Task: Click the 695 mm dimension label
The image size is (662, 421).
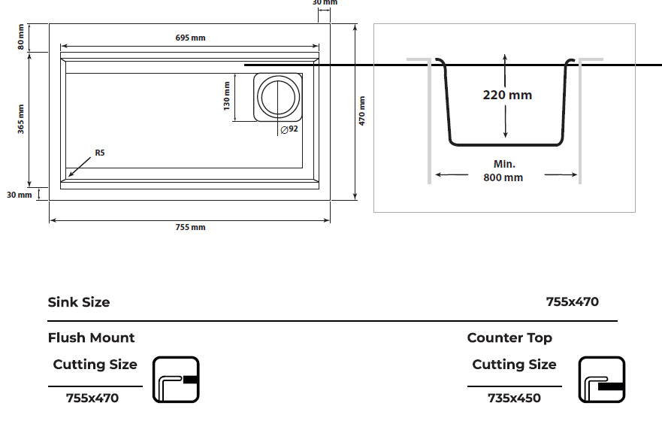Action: click(190, 38)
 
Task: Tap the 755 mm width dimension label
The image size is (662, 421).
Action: click(190, 227)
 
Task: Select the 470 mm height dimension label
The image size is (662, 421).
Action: click(362, 111)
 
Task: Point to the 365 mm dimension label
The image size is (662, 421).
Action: click(21, 119)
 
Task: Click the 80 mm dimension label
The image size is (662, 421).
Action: click(21, 37)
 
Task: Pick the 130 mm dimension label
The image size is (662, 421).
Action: click(227, 96)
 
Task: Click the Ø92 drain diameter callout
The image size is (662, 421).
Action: click(289, 129)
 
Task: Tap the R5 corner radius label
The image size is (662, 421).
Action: click(100, 153)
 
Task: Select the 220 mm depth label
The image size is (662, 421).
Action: click(507, 95)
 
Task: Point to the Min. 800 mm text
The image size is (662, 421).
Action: click(503, 171)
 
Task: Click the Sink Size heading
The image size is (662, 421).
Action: click(79, 302)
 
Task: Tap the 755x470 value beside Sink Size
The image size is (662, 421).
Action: click(573, 302)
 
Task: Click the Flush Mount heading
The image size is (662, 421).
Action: click(91, 338)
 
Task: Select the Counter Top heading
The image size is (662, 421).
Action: click(509, 338)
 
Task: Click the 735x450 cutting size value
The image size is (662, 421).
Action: click(514, 398)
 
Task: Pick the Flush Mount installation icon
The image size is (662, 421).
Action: click(176, 380)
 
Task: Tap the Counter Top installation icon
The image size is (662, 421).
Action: click(602, 380)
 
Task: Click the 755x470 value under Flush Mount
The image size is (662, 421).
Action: click(92, 398)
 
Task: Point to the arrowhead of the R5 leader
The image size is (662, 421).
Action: click(69, 176)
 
